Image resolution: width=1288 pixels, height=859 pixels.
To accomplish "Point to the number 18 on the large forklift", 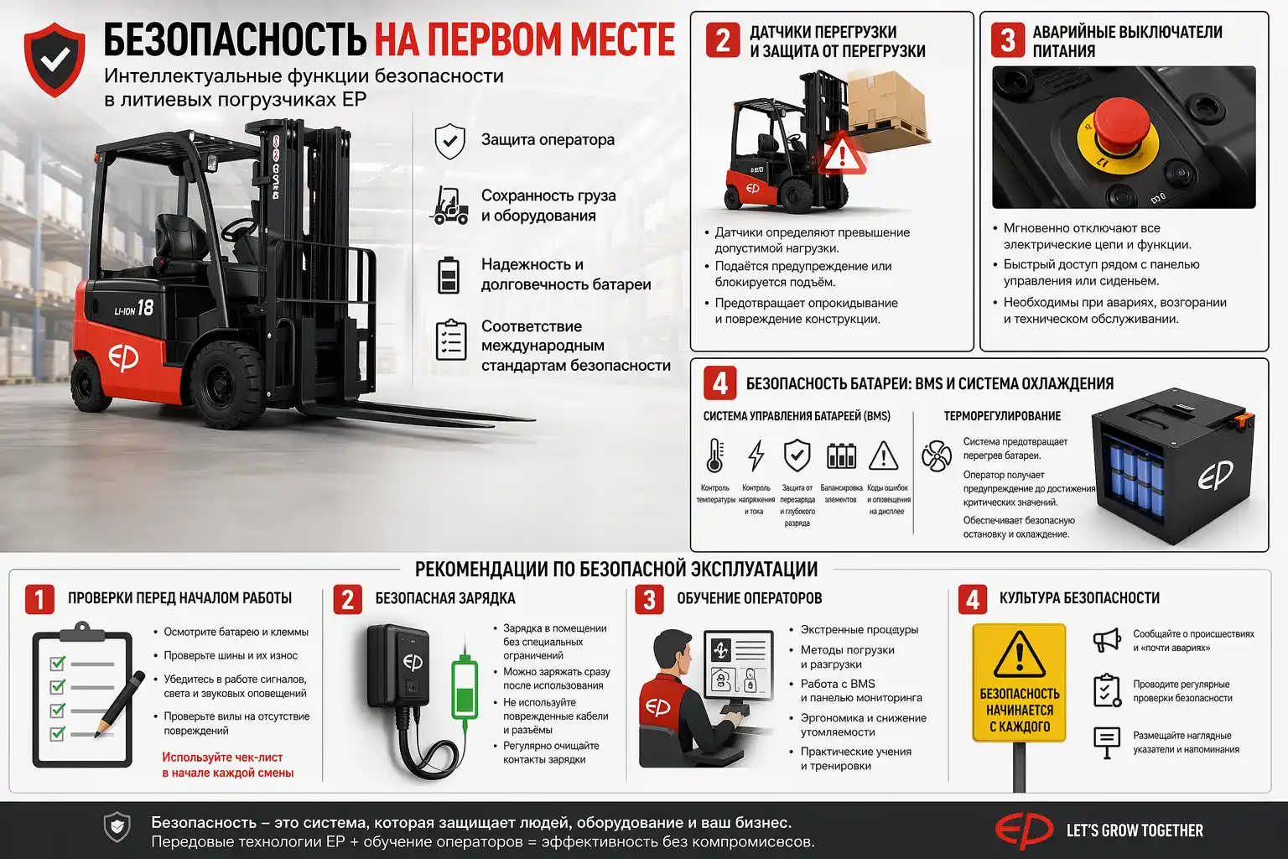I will (x=145, y=308).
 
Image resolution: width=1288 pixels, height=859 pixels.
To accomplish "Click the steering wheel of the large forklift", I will (x=239, y=227).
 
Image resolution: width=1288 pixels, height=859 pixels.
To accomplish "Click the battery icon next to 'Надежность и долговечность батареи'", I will (x=449, y=274).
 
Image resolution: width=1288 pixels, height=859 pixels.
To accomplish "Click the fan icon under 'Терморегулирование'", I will (x=936, y=456).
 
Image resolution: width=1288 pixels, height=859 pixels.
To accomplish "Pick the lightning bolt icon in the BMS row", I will (x=756, y=456).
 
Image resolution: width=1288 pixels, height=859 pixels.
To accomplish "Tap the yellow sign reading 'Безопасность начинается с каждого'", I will (x=1019, y=683).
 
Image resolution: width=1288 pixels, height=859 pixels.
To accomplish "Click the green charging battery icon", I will (x=464, y=688).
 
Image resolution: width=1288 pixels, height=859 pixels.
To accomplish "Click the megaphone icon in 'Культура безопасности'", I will (x=1106, y=640).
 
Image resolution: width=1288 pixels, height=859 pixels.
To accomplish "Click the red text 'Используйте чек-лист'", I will (x=222, y=757).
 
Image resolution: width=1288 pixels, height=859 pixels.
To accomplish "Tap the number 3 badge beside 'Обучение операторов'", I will (x=649, y=599).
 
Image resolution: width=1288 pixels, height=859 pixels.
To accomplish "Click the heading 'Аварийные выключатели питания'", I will (x=1126, y=41).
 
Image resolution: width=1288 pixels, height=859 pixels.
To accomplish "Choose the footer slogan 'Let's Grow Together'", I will (x=1134, y=830).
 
